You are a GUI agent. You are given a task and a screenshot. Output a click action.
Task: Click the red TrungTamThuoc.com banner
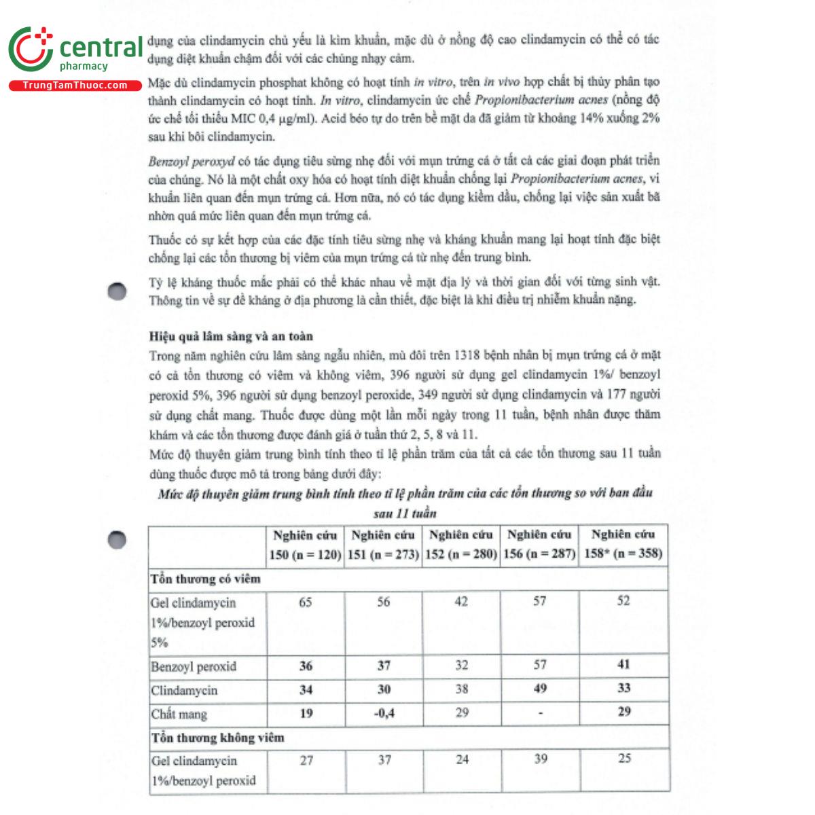click(x=75, y=86)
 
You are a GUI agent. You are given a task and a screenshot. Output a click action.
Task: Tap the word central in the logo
click(x=101, y=48)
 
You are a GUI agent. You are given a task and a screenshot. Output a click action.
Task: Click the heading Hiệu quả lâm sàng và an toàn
click(x=231, y=336)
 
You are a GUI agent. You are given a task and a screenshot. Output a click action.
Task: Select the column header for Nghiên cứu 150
click(x=305, y=545)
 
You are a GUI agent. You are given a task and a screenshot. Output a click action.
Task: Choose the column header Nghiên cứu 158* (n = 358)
click(x=623, y=545)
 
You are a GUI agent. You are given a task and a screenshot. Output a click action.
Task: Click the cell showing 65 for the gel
click(x=306, y=602)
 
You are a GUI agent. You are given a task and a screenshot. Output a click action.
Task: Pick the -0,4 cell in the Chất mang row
click(x=384, y=713)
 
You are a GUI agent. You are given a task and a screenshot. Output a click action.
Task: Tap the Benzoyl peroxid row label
click(x=194, y=666)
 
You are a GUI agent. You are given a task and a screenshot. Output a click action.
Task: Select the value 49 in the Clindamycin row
click(x=540, y=689)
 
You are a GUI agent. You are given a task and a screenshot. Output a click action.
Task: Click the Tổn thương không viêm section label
click(x=218, y=738)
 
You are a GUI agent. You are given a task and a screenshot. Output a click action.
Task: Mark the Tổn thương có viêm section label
click(x=206, y=579)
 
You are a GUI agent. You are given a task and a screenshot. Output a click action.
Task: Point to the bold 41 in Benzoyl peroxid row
click(x=623, y=665)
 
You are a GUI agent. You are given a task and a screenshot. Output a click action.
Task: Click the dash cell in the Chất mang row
click(x=540, y=713)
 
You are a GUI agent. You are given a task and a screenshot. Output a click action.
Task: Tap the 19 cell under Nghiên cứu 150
click(x=306, y=713)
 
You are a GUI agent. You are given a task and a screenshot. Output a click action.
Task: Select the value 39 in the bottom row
click(x=541, y=759)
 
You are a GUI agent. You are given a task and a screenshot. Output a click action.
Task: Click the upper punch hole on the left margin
click(x=117, y=291)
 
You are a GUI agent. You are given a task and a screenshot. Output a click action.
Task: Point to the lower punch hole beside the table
click(x=117, y=540)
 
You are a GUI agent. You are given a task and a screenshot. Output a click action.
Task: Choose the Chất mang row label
click(x=179, y=714)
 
